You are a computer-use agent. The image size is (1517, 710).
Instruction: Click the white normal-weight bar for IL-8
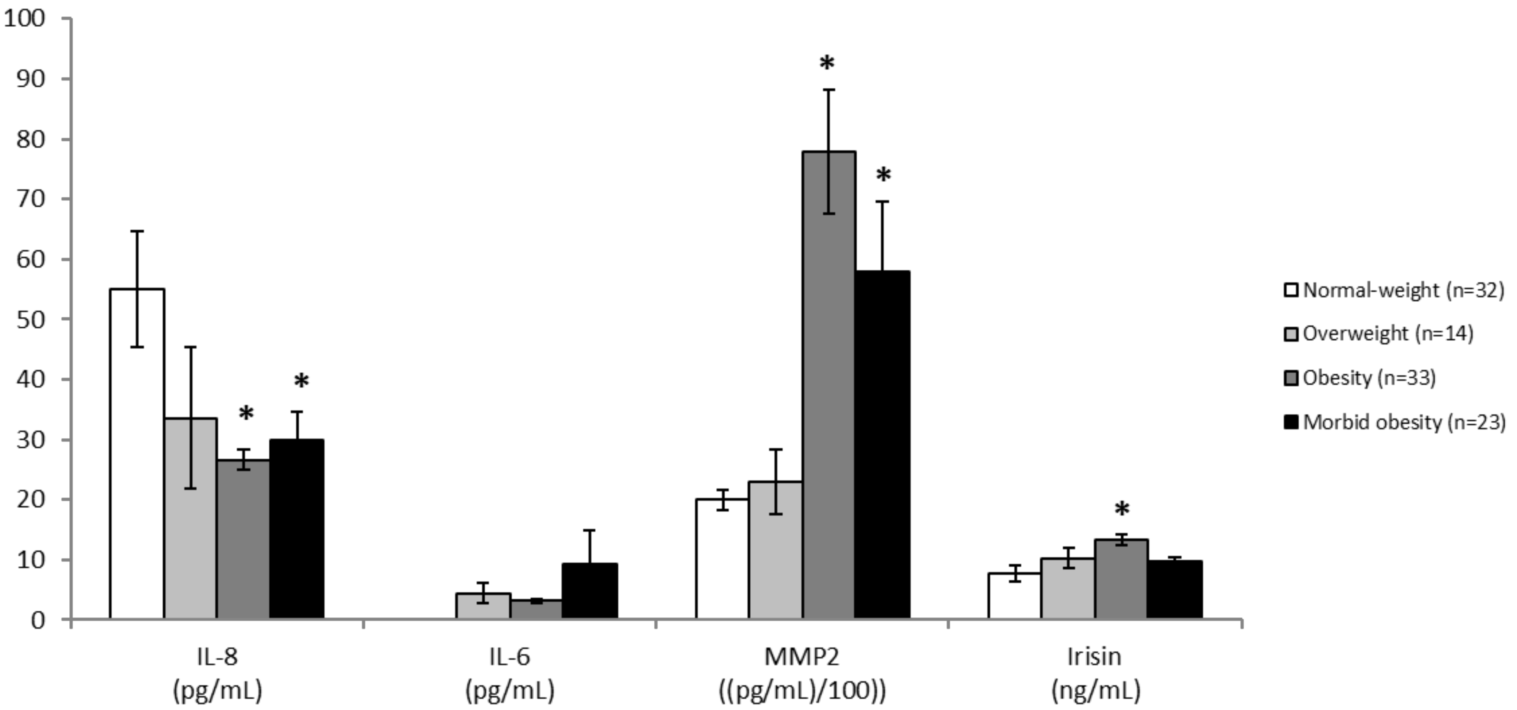tap(137, 453)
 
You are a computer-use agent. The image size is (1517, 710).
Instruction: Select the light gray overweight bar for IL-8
tap(190, 518)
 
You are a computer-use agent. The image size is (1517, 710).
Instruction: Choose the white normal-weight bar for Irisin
tap(1014, 595)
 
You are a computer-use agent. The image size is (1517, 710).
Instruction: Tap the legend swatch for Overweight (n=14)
tap(1291, 334)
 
